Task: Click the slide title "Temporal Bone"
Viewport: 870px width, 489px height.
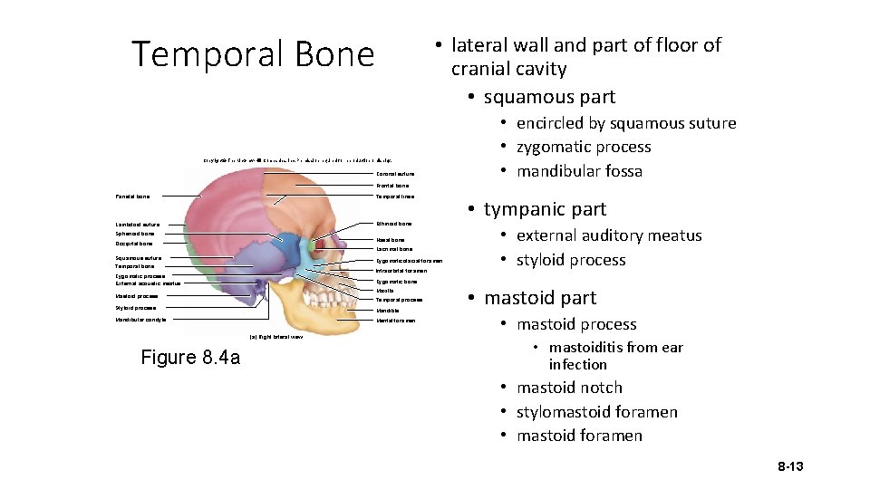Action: tap(253, 54)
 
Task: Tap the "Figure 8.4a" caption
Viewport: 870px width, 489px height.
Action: tap(190, 358)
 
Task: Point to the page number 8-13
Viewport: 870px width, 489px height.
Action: tap(790, 466)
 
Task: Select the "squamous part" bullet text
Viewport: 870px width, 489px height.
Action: tap(549, 97)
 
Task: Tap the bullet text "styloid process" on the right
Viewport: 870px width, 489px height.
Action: tap(571, 260)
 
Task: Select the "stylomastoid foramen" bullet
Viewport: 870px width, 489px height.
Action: tap(596, 412)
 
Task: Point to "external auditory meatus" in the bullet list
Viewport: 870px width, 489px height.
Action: tap(609, 235)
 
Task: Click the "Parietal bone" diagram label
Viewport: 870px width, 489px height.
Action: tap(132, 196)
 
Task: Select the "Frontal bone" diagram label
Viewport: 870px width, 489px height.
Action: tap(391, 186)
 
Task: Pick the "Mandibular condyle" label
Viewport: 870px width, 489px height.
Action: tap(140, 320)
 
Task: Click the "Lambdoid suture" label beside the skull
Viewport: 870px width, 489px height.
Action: tap(138, 225)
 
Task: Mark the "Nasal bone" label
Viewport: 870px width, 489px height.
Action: tap(390, 240)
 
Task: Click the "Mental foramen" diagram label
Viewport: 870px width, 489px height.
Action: tap(395, 321)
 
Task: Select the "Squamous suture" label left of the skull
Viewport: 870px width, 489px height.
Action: tap(138, 258)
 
